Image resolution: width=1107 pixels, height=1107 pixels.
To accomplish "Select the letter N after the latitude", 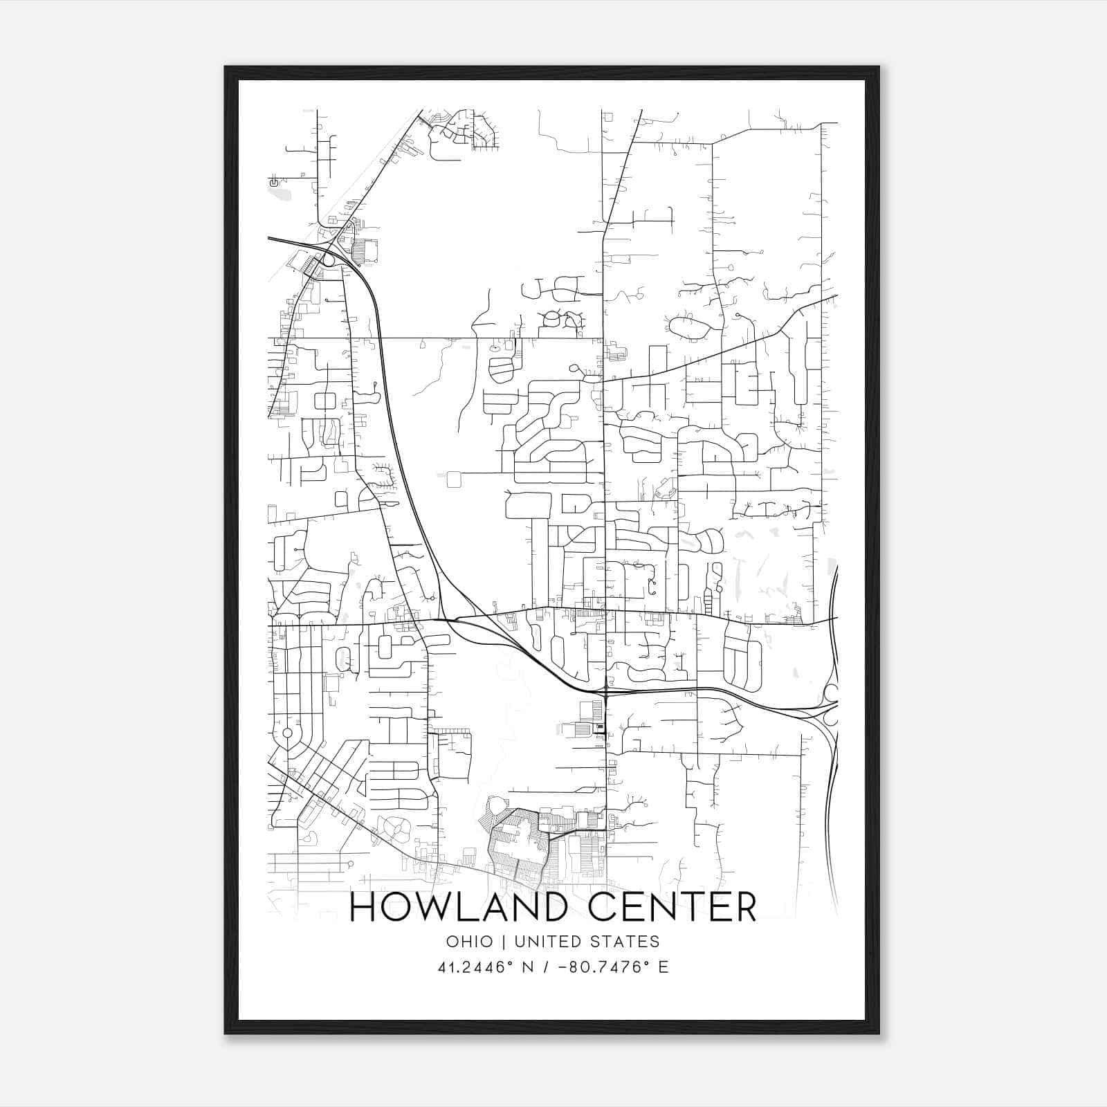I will click(527, 967).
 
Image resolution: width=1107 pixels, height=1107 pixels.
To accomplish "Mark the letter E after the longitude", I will click(664, 967).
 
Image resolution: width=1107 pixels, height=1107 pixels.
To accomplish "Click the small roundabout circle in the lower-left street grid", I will click(287, 732).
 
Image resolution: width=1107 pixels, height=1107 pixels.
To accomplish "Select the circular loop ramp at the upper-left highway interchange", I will click(328, 259).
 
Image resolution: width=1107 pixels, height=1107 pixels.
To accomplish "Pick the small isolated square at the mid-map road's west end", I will click(454, 479).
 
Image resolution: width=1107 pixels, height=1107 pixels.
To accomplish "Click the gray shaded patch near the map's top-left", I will click(280, 194).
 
